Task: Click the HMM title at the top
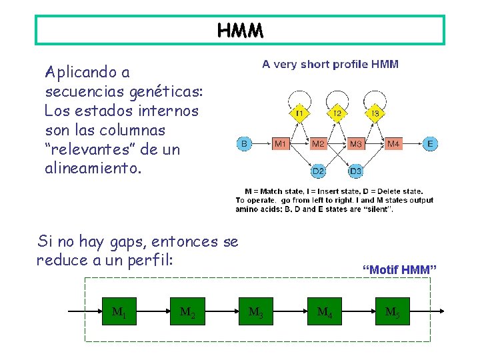(240, 31)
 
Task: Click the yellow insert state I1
(299, 114)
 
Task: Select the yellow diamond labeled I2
(337, 114)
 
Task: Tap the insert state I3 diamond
(375, 114)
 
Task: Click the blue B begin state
(244, 143)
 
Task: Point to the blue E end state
(431, 143)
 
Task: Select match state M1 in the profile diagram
(281, 143)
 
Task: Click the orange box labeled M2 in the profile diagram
(318, 143)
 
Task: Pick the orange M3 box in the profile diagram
(356, 143)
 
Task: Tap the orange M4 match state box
(394, 143)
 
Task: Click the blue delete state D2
(318, 171)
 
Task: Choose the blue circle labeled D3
(356, 171)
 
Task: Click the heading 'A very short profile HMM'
(330, 65)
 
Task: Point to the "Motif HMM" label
(399, 269)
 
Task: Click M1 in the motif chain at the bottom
(119, 311)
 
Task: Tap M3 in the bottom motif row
(256, 311)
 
